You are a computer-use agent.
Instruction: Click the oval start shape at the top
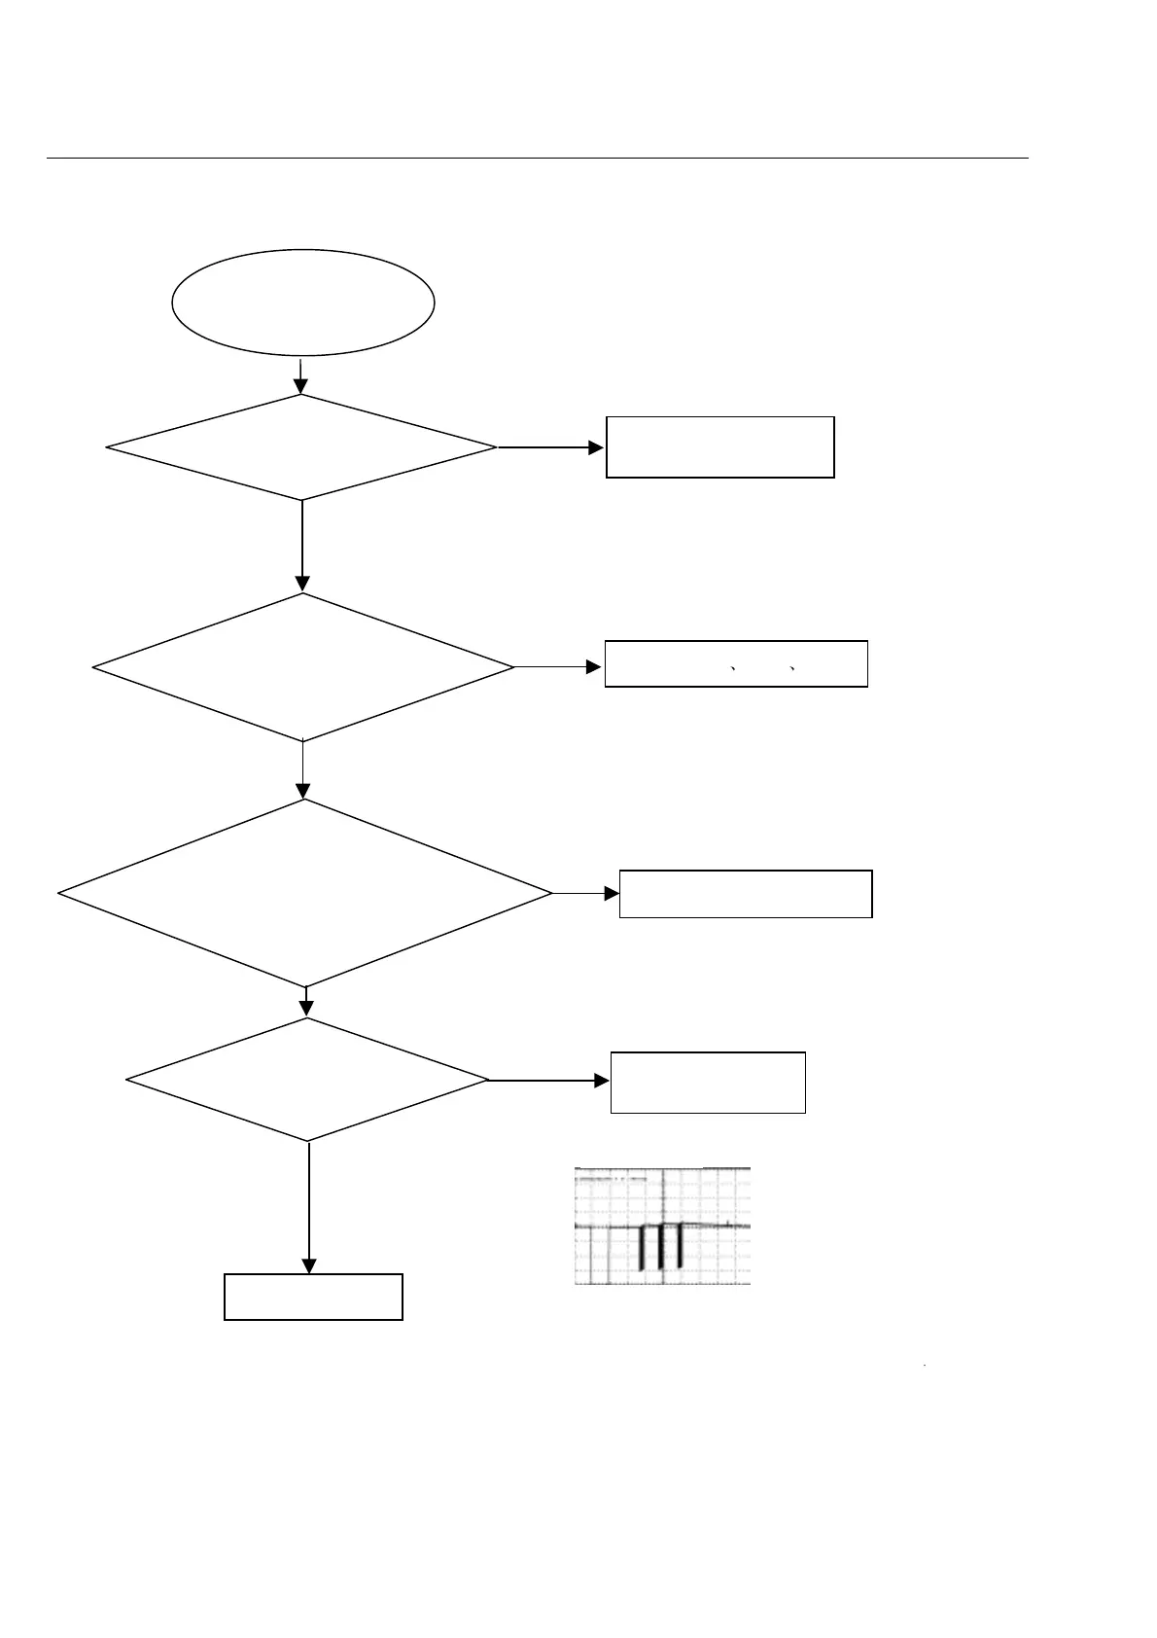click(302, 302)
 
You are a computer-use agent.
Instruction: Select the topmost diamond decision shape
click(301, 447)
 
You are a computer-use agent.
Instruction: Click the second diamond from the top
click(302, 667)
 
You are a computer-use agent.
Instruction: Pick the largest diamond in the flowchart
click(304, 893)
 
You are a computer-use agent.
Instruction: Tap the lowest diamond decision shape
click(307, 1080)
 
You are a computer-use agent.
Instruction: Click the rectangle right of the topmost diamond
click(719, 447)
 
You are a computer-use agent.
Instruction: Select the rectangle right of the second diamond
click(736, 664)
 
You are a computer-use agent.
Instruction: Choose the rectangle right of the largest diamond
click(746, 894)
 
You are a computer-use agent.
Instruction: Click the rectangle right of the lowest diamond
click(708, 1082)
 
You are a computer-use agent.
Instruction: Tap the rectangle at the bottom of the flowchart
click(313, 1297)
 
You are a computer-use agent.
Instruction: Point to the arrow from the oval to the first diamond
click(301, 375)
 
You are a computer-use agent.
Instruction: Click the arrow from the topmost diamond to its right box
click(550, 447)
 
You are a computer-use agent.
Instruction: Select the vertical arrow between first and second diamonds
click(302, 545)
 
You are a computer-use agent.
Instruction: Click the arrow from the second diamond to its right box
click(558, 667)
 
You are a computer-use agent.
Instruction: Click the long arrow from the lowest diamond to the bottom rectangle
click(309, 1206)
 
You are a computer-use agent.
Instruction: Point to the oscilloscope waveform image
click(662, 1226)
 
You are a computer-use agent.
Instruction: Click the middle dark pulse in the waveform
click(660, 1247)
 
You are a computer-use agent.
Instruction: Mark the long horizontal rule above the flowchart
click(537, 158)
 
